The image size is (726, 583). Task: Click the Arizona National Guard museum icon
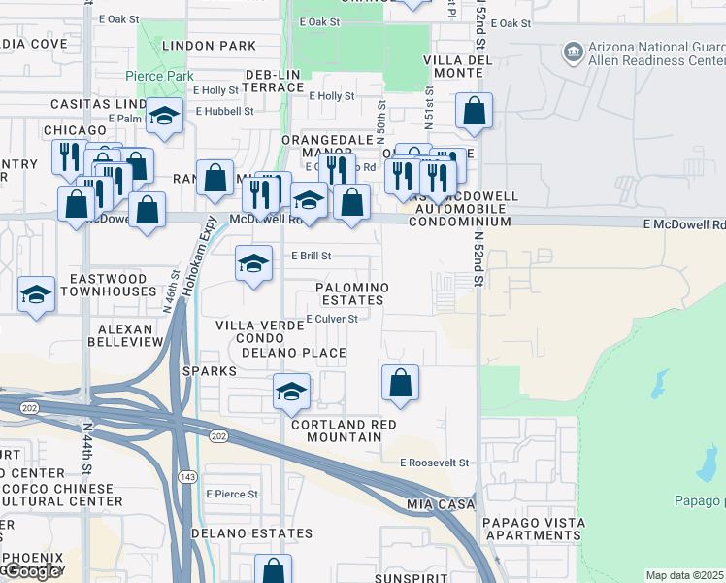tap(573, 50)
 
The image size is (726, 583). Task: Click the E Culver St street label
tap(332, 319)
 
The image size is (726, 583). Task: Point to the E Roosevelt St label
tap(434, 463)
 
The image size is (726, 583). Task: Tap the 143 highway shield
tap(185, 476)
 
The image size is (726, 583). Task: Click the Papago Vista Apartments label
tap(533, 529)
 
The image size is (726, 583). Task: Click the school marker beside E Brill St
tap(253, 263)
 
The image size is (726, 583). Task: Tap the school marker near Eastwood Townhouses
tap(36, 293)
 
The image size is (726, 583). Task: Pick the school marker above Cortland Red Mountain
tap(290, 391)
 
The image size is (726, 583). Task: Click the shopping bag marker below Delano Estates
tap(273, 569)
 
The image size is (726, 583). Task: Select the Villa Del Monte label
tap(453, 66)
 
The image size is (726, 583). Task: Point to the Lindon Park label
tap(210, 46)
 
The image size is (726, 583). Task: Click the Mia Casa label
tap(441, 505)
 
